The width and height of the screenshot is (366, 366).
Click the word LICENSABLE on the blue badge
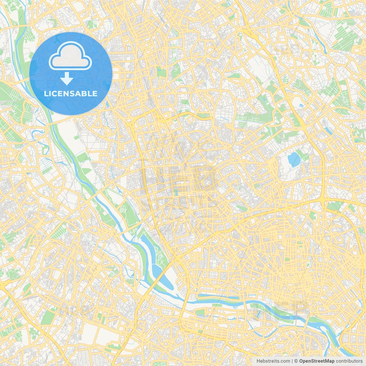[x=71, y=94]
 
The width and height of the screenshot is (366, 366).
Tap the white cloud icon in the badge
[x=70, y=56]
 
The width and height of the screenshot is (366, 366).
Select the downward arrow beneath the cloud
[x=67, y=79]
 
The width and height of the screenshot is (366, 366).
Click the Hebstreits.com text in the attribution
[x=273, y=361]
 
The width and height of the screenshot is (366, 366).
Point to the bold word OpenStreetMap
[x=317, y=361]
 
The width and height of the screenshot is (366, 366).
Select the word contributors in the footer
[x=349, y=361]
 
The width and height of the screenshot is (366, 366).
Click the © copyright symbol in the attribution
[x=296, y=361]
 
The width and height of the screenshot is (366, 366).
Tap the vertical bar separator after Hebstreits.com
[x=292, y=361]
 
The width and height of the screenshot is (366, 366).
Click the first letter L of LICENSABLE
[x=46, y=94]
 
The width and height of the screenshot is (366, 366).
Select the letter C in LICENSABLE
[x=54, y=94]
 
